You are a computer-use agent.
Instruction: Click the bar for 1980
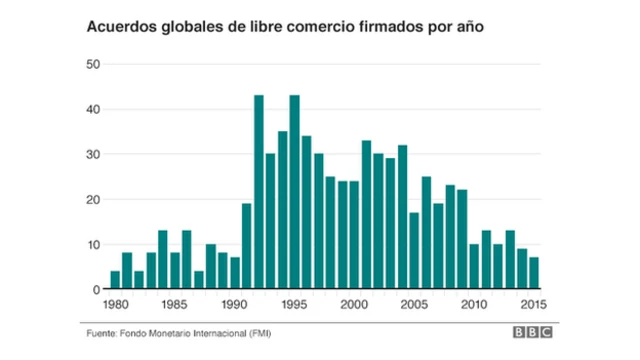pos(115,280)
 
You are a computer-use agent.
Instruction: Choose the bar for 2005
pos(414,250)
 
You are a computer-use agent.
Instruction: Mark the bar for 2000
pos(354,235)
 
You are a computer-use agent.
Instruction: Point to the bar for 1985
pos(174,270)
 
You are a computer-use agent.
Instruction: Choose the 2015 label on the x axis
pos(534,304)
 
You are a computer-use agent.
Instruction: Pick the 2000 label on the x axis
pos(354,304)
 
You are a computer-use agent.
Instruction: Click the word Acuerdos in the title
pos(119,27)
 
